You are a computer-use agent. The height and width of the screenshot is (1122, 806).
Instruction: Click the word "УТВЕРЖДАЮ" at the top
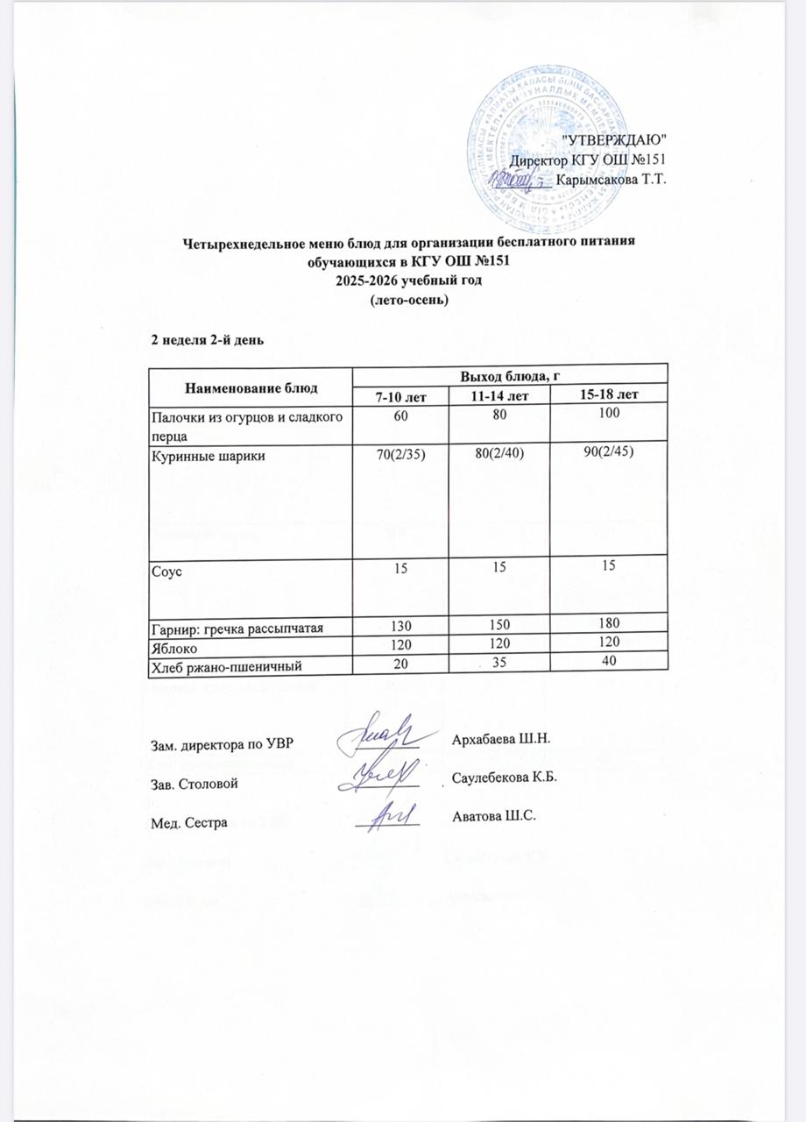613,139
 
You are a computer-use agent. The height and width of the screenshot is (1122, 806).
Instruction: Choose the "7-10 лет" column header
400,397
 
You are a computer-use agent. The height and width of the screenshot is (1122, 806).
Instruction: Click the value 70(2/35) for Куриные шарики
400,452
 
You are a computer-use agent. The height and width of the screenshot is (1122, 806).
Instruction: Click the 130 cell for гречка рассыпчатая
400,623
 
